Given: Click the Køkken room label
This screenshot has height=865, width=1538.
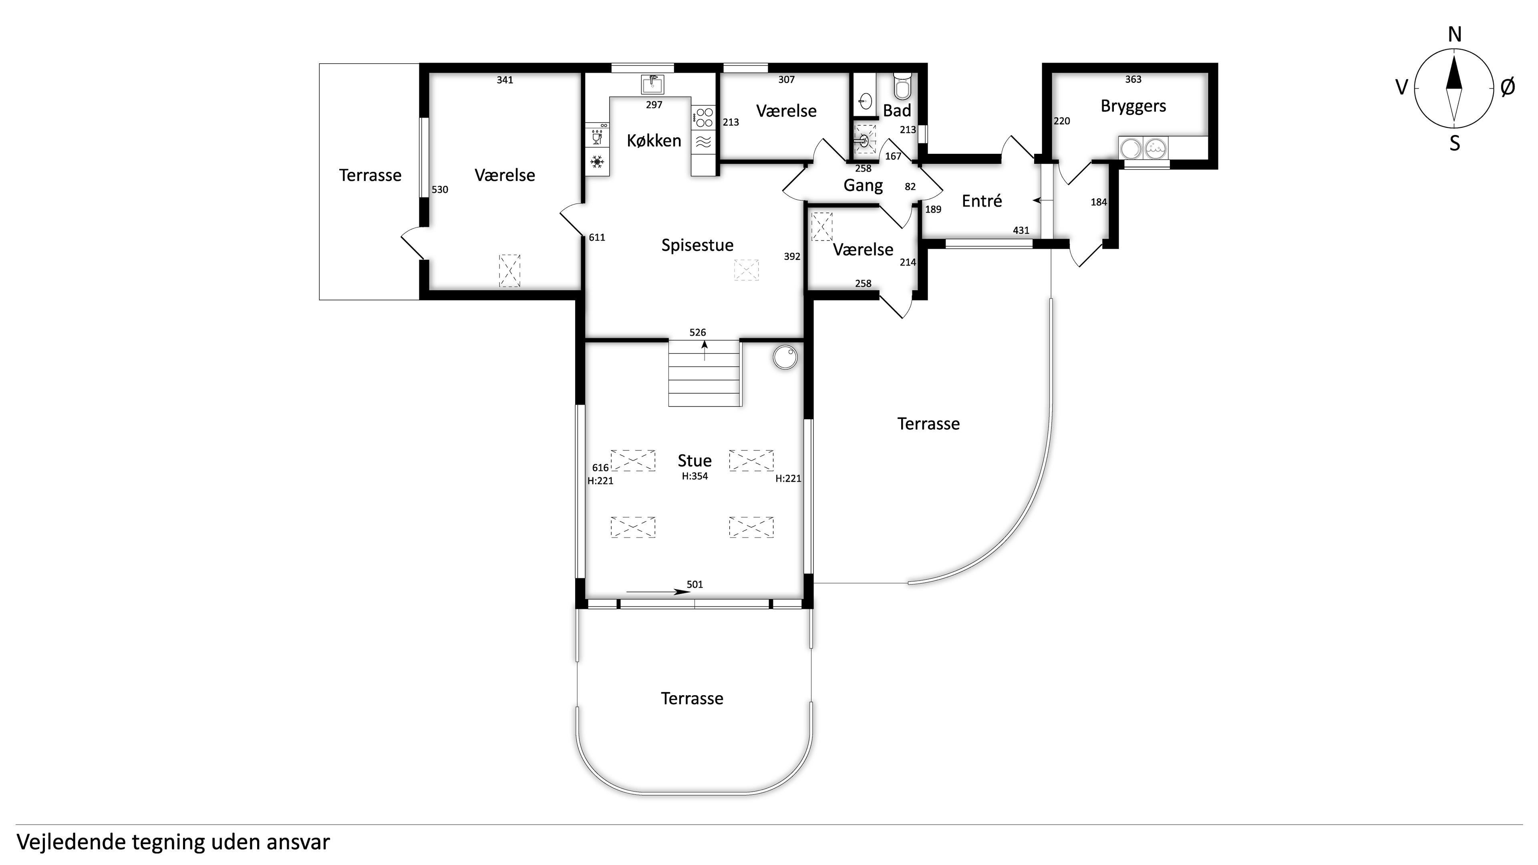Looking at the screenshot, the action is click(x=654, y=141).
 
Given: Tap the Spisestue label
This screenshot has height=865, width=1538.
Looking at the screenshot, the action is click(x=697, y=245).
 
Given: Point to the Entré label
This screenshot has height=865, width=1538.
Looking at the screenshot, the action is click(x=982, y=201).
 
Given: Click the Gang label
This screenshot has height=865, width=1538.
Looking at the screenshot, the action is click(x=863, y=186).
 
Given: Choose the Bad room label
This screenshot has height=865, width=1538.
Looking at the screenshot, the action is click(x=897, y=111).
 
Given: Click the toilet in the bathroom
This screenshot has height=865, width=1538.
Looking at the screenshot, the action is click(x=903, y=86).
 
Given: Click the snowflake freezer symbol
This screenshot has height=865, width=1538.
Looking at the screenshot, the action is click(x=596, y=162).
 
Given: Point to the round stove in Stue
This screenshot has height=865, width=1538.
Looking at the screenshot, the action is click(x=785, y=358).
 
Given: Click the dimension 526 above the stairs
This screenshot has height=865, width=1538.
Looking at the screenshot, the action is click(x=697, y=332).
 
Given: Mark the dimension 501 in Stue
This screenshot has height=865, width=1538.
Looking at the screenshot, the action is click(x=695, y=584).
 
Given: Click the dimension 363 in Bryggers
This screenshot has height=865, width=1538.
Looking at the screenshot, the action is click(x=1133, y=79).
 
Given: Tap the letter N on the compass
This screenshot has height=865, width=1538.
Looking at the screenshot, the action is click(x=1454, y=35).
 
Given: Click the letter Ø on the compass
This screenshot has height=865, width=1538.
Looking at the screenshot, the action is click(x=1507, y=88).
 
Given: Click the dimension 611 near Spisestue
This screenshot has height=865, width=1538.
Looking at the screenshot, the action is click(x=596, y=237).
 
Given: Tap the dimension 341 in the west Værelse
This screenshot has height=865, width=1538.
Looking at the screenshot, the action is click(x=505, y=80).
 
